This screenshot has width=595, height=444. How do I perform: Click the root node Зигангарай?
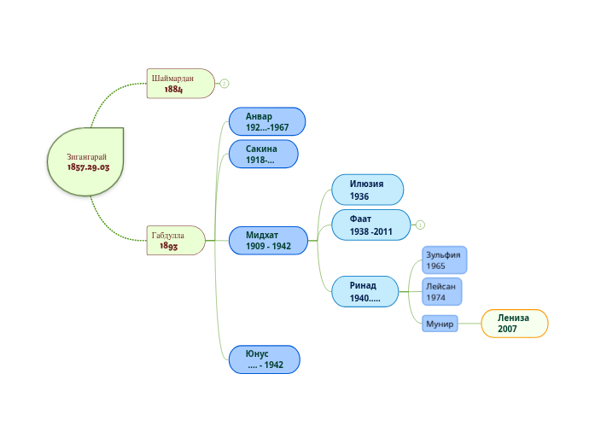tap(86, 161)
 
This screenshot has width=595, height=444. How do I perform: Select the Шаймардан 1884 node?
tap(179, 84)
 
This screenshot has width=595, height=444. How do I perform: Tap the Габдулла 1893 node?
tap(176, 241)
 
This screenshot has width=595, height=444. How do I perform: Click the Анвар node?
tap(266, 122)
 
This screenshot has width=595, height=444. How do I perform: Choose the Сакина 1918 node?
tap(263, 155)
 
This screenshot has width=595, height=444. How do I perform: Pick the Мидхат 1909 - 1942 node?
tap(268, 241)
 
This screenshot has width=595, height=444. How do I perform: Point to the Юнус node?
tap(264, 359)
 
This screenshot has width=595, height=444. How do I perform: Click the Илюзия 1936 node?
tap(367, 190)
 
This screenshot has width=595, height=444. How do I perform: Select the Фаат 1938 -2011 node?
tap(370, 225)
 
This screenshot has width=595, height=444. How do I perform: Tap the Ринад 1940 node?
tap(365, 291)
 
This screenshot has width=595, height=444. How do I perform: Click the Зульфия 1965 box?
tap(445, 260)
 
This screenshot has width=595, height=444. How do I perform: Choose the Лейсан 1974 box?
tap(442, 291)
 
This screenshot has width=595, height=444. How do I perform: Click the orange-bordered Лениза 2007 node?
tap(514, 324)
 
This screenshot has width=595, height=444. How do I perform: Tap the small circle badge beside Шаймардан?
tap(225, 84)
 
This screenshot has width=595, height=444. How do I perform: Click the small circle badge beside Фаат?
tap(420, 225)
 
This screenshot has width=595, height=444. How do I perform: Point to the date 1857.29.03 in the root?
tap(89, 167)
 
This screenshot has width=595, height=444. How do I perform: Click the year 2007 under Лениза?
tap(508, 329)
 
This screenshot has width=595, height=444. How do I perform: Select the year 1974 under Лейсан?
tap(436, 297)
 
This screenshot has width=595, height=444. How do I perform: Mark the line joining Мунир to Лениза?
tap(470, 324)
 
